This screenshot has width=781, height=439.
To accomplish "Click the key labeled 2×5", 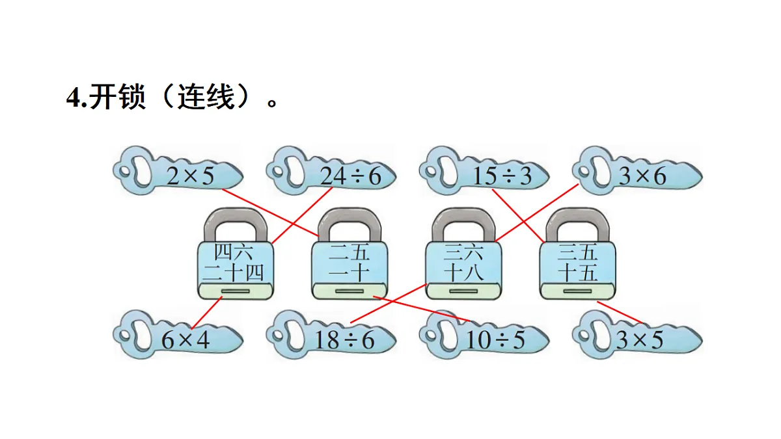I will (x=179, y=174).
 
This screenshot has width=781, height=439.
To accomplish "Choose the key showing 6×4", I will (x=179, y=338).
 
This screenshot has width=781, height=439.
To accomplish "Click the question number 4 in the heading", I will (x=72, y=99).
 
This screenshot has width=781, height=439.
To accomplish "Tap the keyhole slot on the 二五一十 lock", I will (x=349, y=291).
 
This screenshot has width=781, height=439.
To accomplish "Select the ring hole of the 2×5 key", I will (x=136, y=171).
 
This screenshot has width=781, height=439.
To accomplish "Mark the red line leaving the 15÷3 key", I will (x=517, y=215).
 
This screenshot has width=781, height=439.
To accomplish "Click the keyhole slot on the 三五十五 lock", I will (x=578, y=291).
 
